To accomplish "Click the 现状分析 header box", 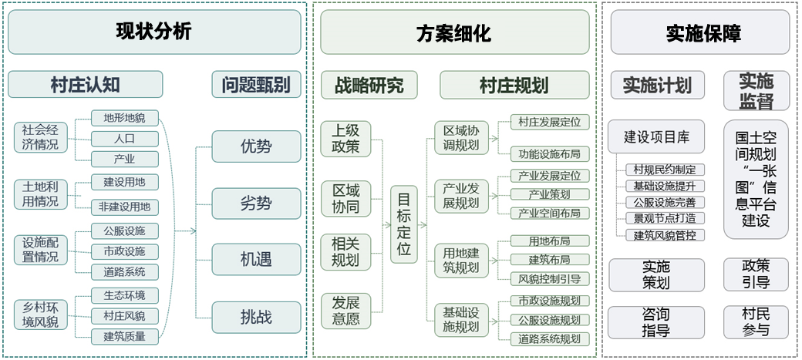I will point(154,32).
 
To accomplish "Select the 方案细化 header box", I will point(453,33).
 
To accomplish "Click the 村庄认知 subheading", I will point(86,85).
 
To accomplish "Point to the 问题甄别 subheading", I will point(256,85).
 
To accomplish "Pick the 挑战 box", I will point(256,315).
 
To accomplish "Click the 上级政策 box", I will point(346,138).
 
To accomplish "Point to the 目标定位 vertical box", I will point(404,224).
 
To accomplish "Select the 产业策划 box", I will point(550,194).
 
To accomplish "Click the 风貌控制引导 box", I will point(550,278).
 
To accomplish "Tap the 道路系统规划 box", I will point(550,338).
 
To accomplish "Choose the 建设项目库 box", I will point(656,138).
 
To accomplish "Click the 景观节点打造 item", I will point(664,219).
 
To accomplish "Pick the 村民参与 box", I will point(756,322).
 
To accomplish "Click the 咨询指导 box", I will point(656,322).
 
